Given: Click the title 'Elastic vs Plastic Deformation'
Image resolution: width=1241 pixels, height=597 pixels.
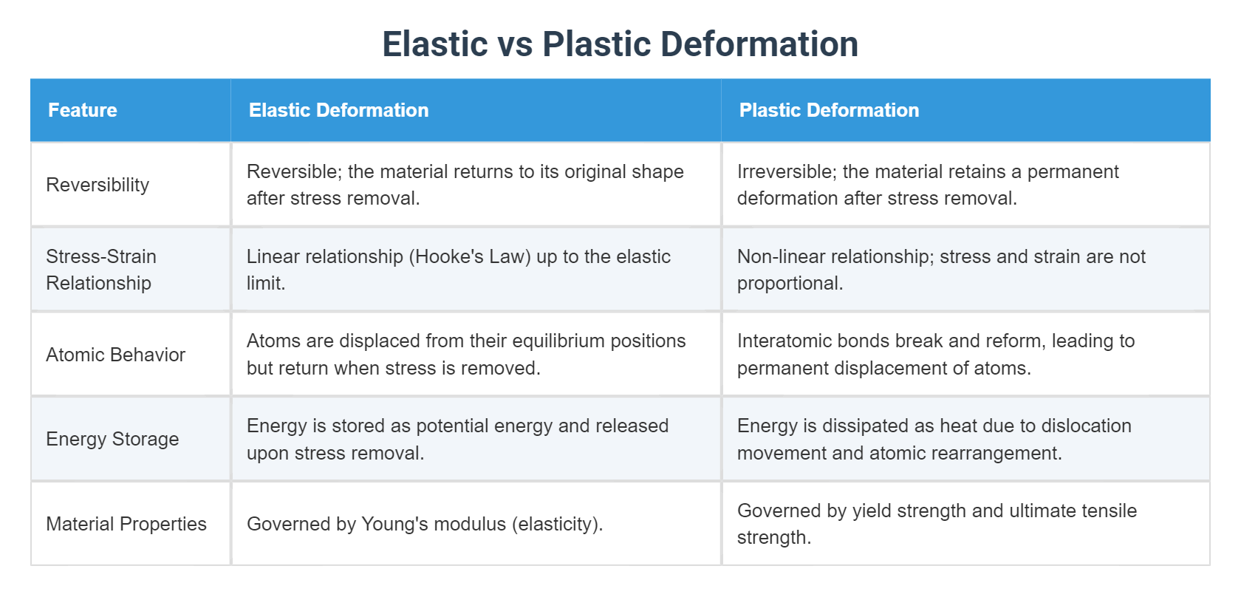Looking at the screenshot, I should (620, 44).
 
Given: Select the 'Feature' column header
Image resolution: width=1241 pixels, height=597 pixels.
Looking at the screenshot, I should (82, 110).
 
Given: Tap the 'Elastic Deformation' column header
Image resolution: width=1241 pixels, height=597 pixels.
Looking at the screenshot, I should (338, 110).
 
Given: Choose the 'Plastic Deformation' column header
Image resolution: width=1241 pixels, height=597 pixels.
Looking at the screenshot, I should (829, 110).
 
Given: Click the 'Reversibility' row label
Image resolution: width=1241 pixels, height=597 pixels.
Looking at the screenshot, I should (98, 185).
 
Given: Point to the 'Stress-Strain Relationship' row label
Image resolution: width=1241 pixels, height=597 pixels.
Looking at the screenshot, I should (100, 270).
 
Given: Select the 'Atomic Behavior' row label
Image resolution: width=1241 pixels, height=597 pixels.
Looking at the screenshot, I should (115, 355).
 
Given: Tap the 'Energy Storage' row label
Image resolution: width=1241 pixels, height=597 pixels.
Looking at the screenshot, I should (112, 439).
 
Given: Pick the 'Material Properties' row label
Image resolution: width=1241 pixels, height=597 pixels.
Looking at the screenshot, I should (126, 524).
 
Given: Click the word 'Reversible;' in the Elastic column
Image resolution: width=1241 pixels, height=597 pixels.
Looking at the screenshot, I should (294, 171).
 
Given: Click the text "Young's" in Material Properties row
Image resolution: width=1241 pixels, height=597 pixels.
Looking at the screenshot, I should (394, 524).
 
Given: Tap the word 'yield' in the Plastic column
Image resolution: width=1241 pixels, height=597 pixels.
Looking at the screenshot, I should (872, 511).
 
